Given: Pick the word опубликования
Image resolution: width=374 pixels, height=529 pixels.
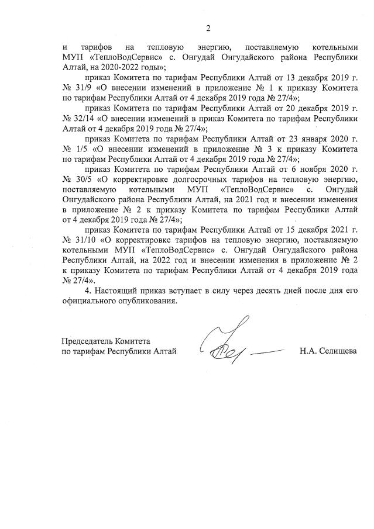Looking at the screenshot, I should point(145,302).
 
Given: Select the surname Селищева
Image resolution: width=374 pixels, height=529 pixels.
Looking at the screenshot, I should point(338,351).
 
